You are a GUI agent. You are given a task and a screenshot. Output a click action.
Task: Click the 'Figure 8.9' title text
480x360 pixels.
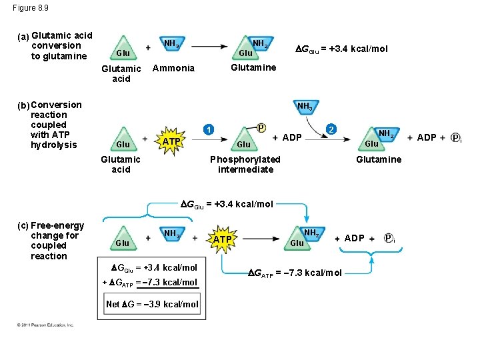click(30, 8)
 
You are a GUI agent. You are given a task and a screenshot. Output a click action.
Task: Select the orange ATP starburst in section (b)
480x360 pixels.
click(171, 141)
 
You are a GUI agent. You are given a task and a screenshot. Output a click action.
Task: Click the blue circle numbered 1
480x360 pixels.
click(209, 129)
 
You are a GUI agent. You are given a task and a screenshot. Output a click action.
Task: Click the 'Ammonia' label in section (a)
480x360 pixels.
click(173, 68)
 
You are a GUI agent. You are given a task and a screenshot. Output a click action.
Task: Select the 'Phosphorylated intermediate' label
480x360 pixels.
click(245, 164)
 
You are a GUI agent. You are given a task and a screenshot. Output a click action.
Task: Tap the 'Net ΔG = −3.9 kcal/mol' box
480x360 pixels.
click(152, 305)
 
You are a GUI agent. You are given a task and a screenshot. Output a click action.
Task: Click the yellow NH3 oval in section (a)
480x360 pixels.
click(171, 45)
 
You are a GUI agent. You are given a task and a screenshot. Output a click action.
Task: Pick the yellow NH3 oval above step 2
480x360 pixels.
click(304, 106)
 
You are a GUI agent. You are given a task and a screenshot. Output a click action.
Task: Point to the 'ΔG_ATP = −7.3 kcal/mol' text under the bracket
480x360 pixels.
click(295, 273)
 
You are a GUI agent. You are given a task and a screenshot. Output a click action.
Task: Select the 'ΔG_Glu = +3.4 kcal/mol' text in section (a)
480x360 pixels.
click(342, 49)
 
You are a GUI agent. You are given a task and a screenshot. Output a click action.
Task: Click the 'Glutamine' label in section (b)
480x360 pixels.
click(379, 159)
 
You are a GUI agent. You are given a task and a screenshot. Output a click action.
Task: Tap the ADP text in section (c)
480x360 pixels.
click(354, 238)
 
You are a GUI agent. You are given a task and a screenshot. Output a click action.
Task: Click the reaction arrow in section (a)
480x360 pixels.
click(204, 48)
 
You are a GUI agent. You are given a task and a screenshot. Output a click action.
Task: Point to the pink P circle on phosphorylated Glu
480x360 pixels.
click(261, 127)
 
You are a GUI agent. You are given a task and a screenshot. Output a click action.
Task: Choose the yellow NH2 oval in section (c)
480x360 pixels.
click(311, 233)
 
